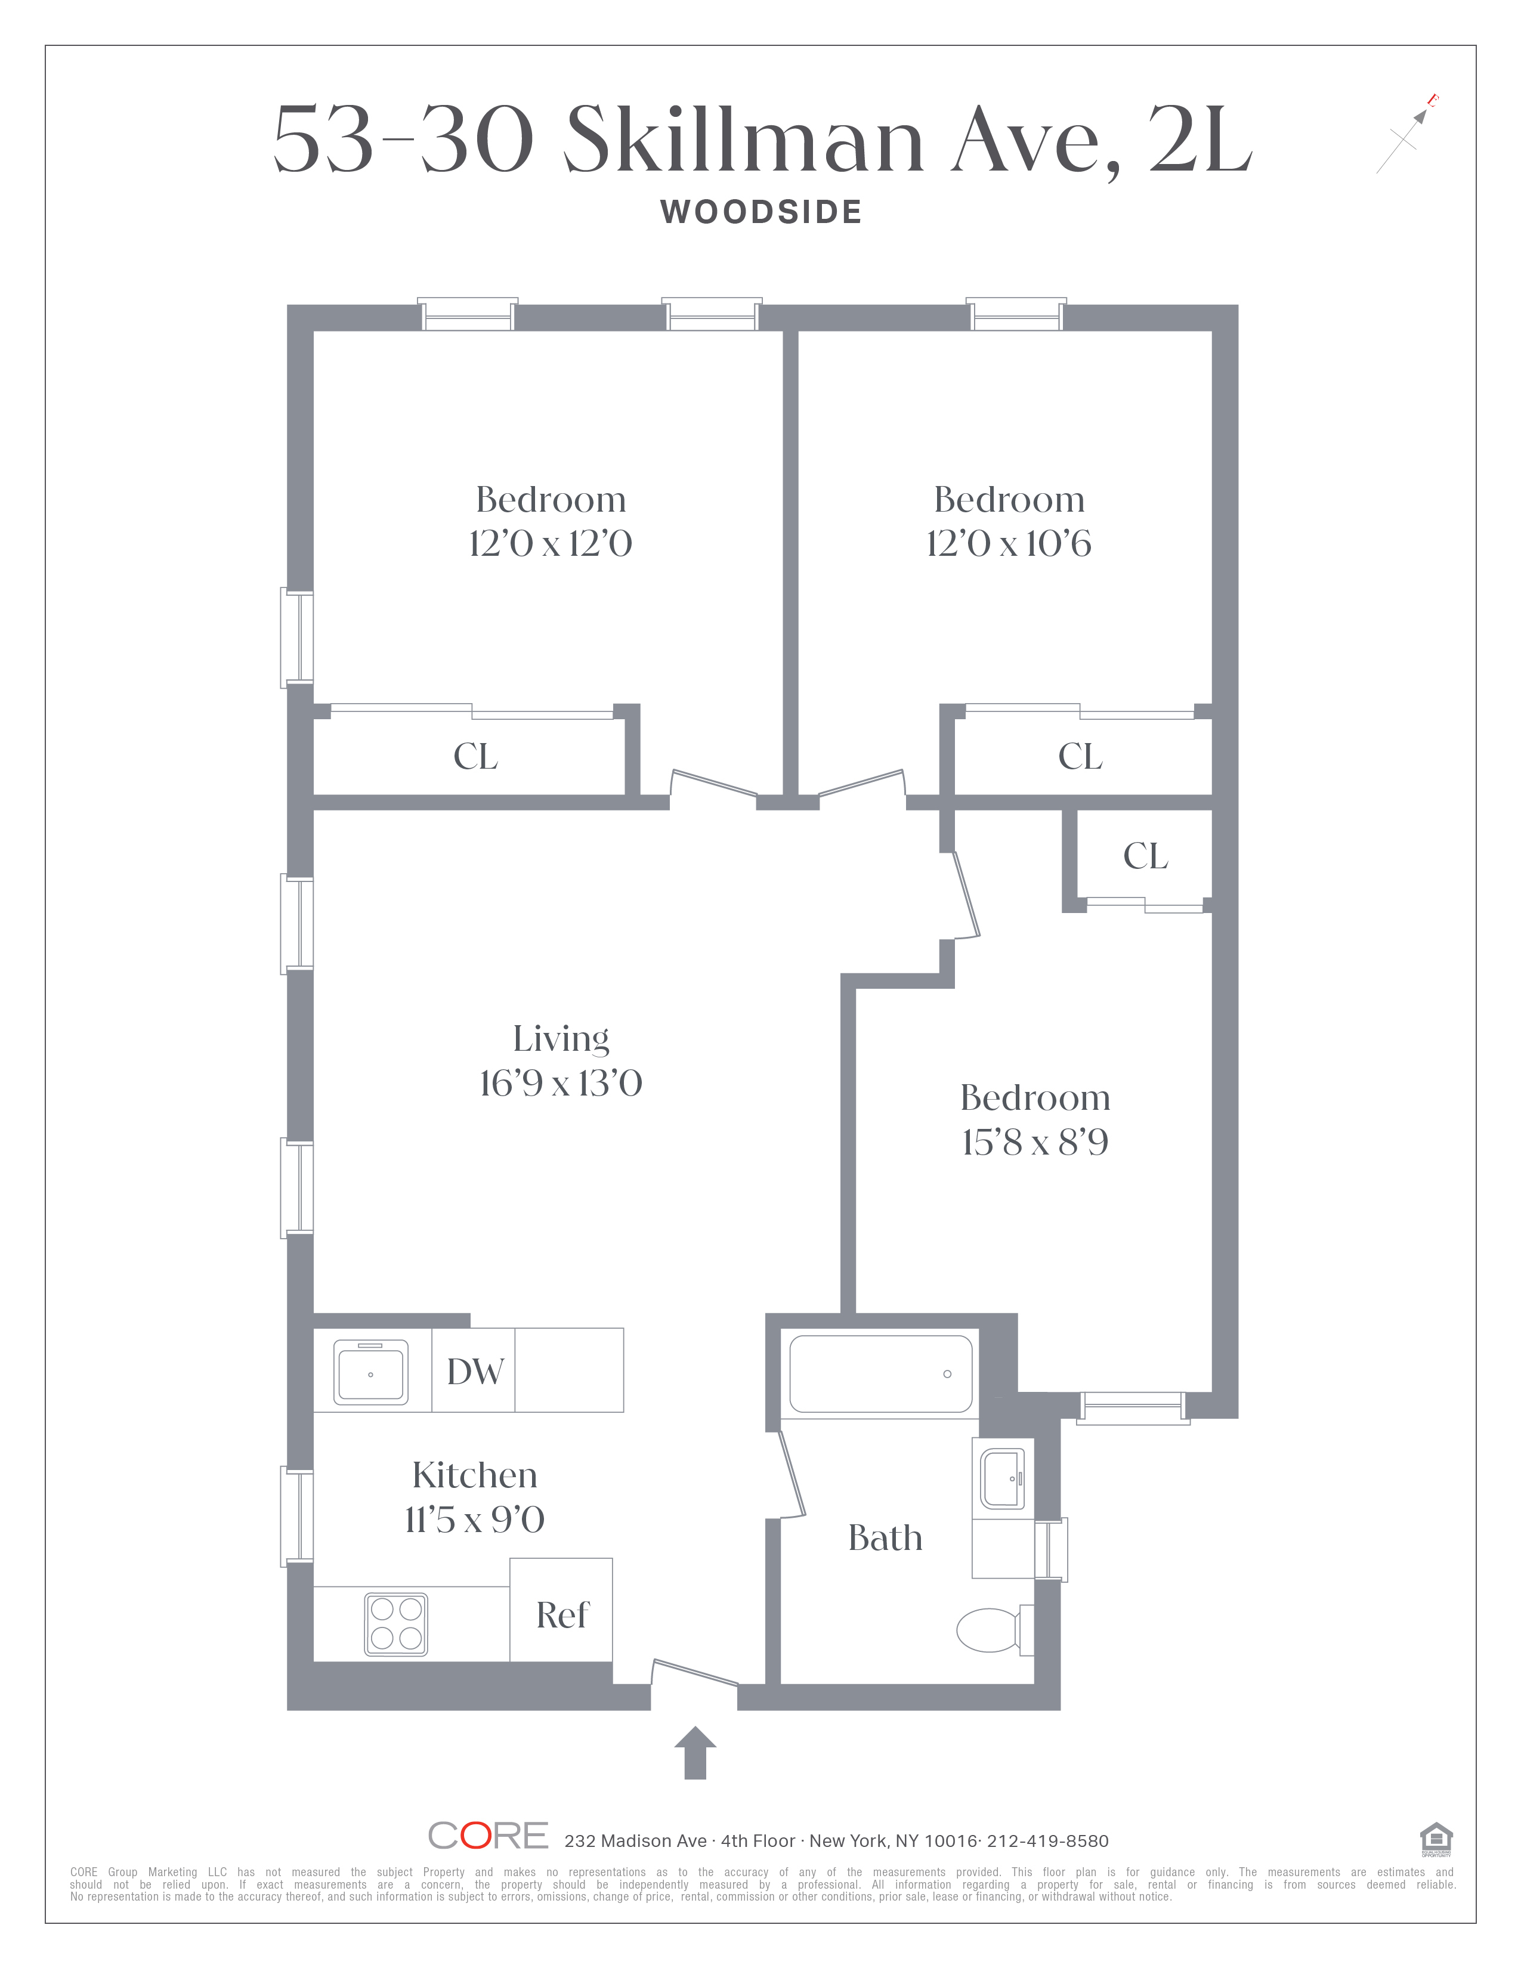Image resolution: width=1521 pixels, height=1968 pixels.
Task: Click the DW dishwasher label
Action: coord(475,1372)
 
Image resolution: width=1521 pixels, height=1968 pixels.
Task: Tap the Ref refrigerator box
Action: coord(561,1610)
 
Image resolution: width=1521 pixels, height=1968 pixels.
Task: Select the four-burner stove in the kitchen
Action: coord(395,1624)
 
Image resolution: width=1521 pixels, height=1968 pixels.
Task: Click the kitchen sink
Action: coord(371,1372)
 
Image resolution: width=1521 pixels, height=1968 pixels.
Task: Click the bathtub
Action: coord(880,1373)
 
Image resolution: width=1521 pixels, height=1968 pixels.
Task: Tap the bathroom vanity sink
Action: coord(1002,1478)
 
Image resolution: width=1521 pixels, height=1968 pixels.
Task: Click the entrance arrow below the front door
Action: coord(695,1753)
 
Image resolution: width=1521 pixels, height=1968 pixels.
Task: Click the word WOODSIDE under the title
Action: coord(762,213)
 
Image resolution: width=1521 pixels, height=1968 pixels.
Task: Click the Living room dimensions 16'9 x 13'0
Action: coord(561,1083)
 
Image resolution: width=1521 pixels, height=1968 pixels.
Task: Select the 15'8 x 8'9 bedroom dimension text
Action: coord(1034,1141)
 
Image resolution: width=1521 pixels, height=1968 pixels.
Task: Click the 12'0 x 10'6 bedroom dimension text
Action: coord(1008,543)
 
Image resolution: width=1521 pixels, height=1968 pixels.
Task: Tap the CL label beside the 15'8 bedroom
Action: coord(1145,856)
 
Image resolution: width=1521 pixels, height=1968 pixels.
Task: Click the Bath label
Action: coord(885,1537)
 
